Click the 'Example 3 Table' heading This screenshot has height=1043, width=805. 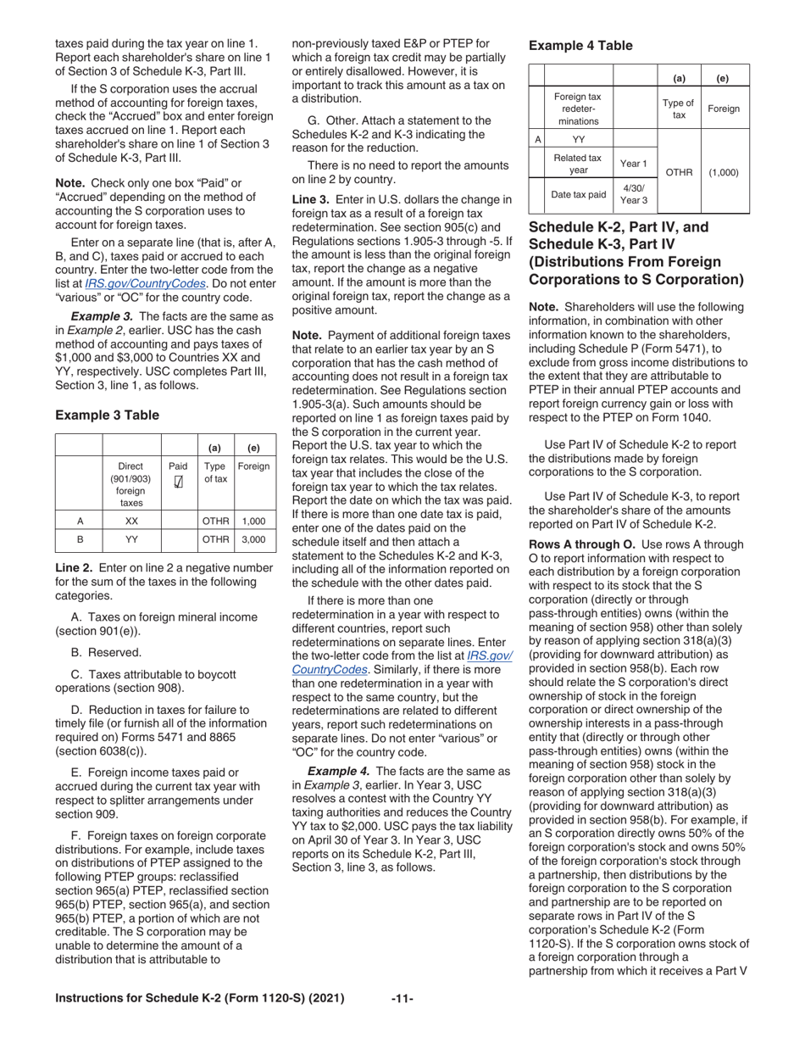click(107, 415)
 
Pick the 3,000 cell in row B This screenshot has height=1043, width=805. click(253, 539)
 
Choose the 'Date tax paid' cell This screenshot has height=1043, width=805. click(578, 194)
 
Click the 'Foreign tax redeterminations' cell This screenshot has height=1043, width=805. click(578, 108)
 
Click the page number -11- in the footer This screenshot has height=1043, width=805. click(402, 999)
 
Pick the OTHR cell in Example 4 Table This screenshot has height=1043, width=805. click(679, 171)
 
